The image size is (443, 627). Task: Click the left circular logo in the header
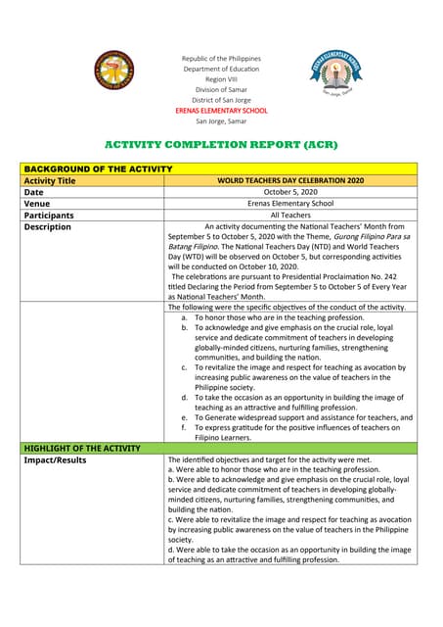115,72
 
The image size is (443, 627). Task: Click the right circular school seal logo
334,74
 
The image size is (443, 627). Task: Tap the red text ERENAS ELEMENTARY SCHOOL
220,111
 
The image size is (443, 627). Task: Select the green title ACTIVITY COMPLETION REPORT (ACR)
221,144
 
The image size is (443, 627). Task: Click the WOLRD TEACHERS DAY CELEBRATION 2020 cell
291,181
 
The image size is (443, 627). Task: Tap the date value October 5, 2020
291,193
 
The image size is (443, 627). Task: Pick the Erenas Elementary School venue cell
291,204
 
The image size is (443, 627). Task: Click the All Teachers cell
291,216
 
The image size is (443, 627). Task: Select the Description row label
48,227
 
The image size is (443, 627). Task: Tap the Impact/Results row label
55,459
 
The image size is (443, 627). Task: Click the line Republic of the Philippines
220,59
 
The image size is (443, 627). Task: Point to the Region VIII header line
220,79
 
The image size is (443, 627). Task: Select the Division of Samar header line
220,90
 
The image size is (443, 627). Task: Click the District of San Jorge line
220,101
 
